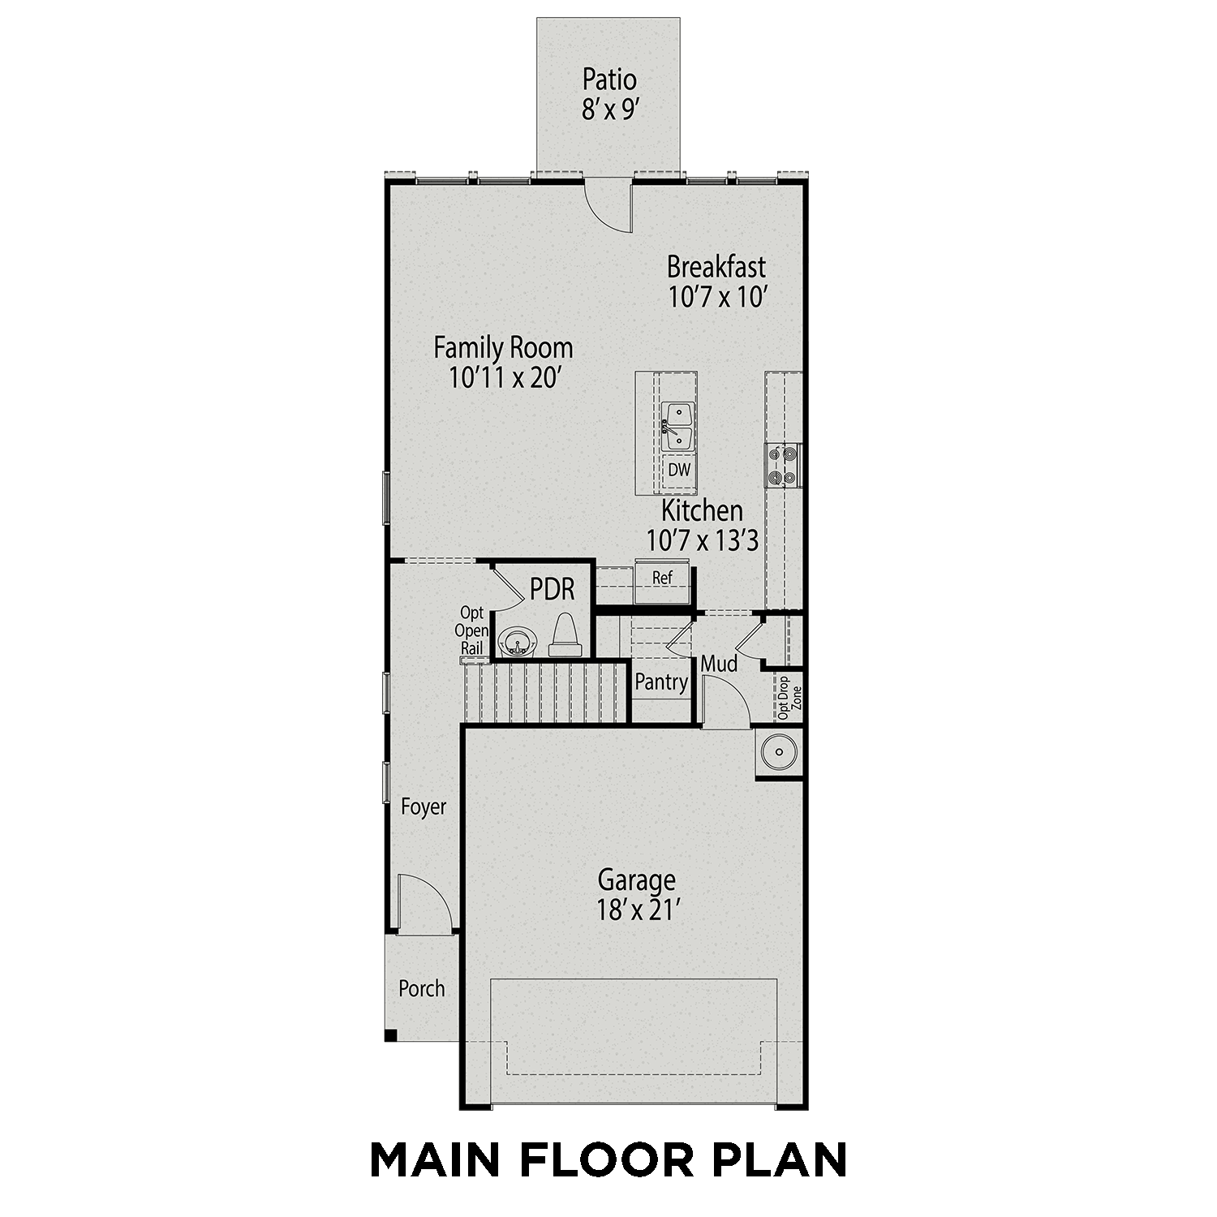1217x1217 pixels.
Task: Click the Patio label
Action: (x=609, y=80)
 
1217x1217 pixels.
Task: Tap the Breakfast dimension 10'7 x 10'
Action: (x=717, y=297)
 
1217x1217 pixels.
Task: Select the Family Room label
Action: (x=503, y=348)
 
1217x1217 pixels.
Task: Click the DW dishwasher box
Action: (x=679, y=470)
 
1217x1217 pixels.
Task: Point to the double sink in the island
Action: (x=677, y=427)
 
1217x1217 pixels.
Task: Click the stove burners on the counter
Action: (x=784, y=466)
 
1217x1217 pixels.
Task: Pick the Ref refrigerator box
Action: (x=663, y=578)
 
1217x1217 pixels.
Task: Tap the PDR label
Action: (x=553, y=590)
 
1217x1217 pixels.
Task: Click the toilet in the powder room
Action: (x=565, y=637)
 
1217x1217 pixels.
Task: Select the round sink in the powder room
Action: (x=515, y=641)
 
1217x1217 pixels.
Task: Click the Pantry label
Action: (x=661, y=682)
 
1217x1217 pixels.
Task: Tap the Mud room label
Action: (x=719, y=664)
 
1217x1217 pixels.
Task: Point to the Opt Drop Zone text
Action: (x=789, y=697)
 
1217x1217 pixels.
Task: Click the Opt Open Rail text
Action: (x=471, y=630)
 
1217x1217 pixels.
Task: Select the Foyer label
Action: (x=424, y=807)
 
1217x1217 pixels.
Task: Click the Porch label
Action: (x=422, y=989)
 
